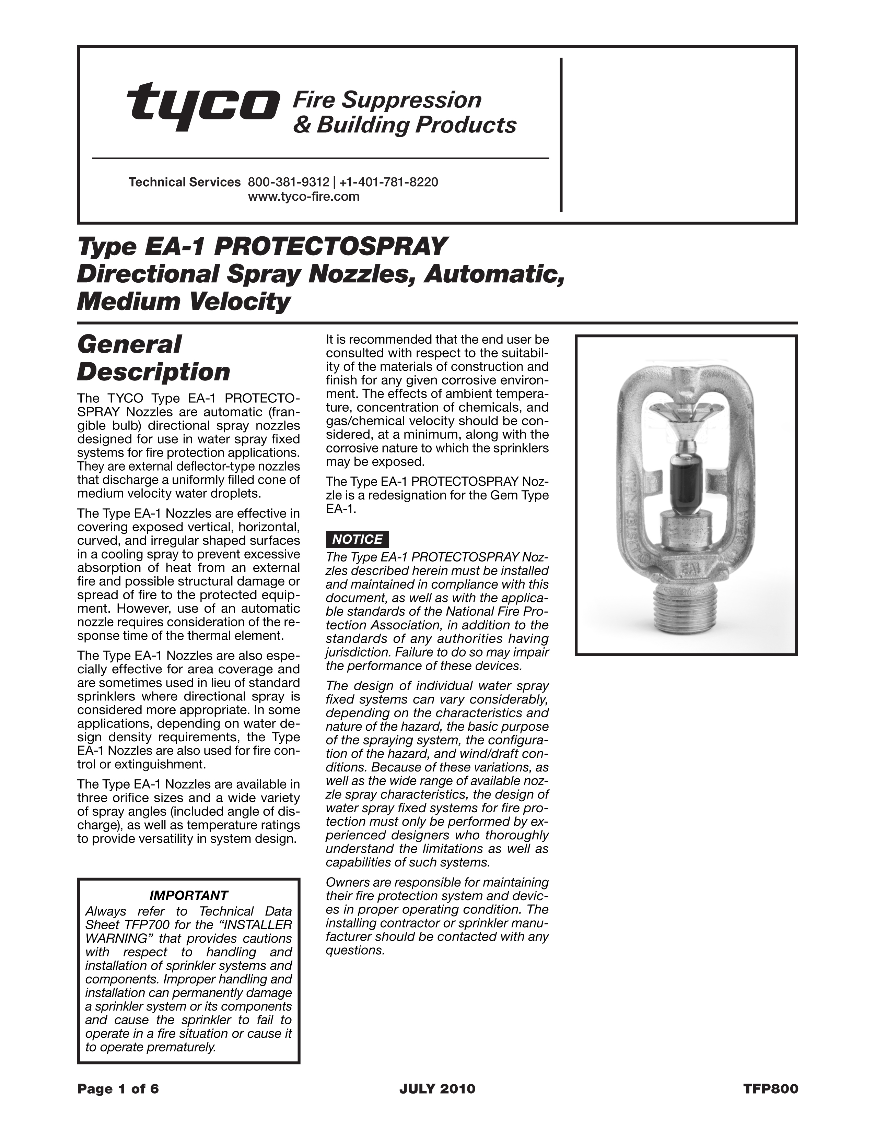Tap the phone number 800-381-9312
[288, 182]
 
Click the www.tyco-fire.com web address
[304, 197]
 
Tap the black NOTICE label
[357, 540]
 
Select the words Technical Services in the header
[185, 182]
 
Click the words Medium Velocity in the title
[184, 301]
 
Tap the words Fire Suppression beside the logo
[387, 99]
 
